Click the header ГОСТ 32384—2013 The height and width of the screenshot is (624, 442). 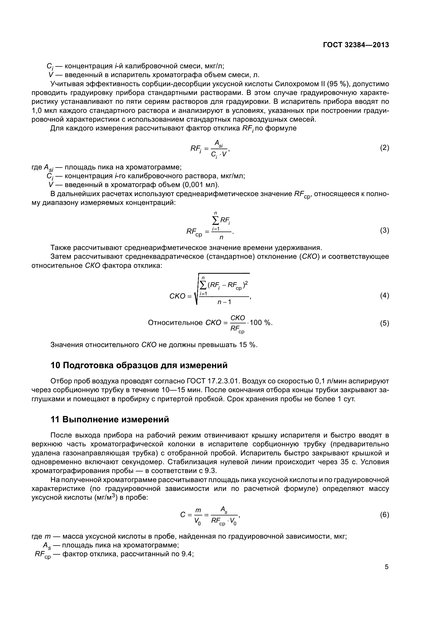[356, 45]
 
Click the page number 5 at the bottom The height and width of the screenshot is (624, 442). [386, 567]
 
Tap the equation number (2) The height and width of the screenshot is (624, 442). [384, 148]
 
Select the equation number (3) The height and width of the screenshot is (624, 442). [384, 230]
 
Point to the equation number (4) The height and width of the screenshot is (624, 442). [384, 295]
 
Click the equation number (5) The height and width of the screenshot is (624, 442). [384, 323]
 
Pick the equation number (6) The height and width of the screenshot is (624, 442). [384, 515]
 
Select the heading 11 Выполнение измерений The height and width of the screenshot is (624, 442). [110, 420]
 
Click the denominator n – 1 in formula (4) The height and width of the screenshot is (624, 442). [224, 302]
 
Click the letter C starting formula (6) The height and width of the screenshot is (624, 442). [183, 515]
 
